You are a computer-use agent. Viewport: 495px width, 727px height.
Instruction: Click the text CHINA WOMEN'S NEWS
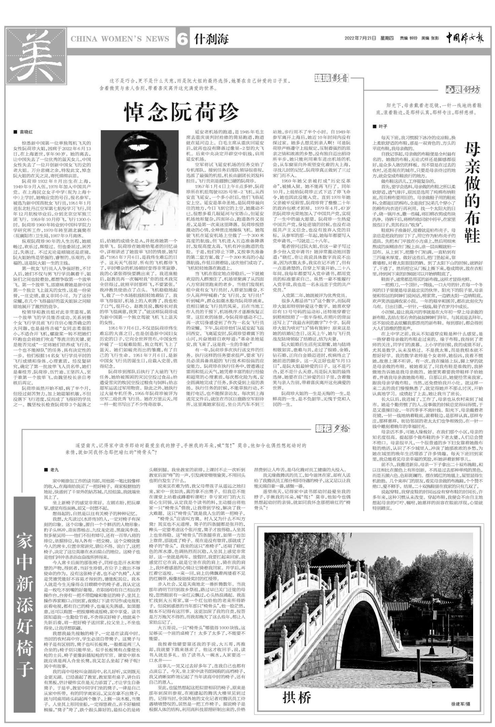pyautogui.click(x=120, y=39)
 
